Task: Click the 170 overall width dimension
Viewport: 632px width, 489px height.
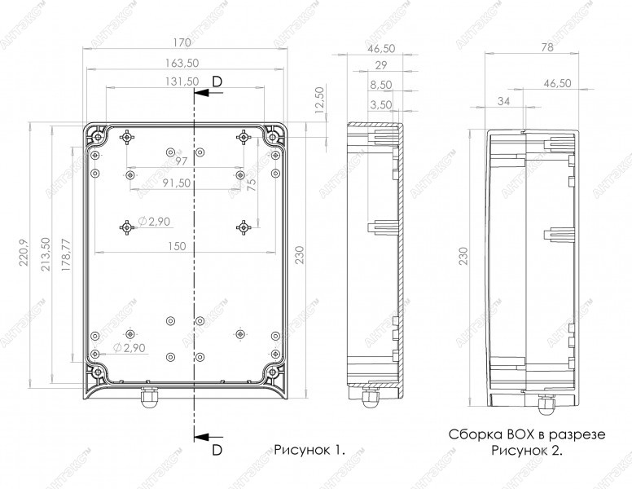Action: pyautogui.click(x=182, y=42)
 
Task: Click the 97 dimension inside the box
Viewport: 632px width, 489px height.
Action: pyautogui.click(x=181, y=162)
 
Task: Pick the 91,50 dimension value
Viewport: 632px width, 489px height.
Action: pyautogui.click(x=177, y=183)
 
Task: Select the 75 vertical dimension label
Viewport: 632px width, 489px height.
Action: pyautogui.click(x=252, y=185)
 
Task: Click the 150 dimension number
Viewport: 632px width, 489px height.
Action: pyautogui.click(x=188, y=245)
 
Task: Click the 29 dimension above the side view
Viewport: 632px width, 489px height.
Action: pyautogui.click(x=380, y=66)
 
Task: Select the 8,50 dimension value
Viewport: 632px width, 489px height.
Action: pyautogui.click(x=380, y=85)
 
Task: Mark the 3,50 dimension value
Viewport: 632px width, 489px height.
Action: pyautogui.click(x=380, y=104)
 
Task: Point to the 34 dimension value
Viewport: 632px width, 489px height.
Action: pyautogui.click(x=503, y=100)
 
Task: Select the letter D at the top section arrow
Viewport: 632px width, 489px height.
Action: pyautogui.click(x=216, y=80)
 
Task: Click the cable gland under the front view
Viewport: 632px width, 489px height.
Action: pyautogui.click(x=148, y=399)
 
